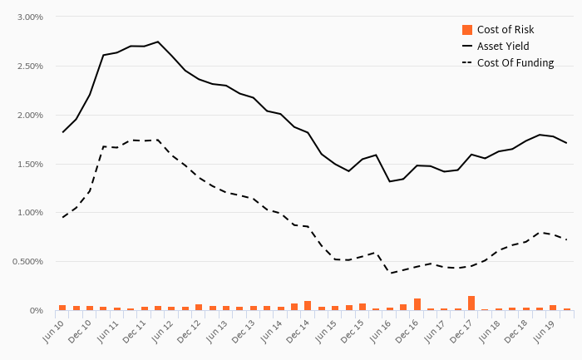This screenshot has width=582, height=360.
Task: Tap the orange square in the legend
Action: pos(466,30)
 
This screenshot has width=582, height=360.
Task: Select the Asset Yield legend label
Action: pos(502,47)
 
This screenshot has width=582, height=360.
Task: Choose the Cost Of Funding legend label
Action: pos(515,63)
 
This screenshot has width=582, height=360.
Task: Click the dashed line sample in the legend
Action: pos(466,63)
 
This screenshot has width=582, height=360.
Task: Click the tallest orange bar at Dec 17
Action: pos(471,303)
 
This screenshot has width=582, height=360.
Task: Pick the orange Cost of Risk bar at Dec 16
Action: pos(417,304)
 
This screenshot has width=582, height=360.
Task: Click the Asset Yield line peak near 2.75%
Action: pos(158,42)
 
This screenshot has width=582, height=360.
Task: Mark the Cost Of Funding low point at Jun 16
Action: pos(389,273)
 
